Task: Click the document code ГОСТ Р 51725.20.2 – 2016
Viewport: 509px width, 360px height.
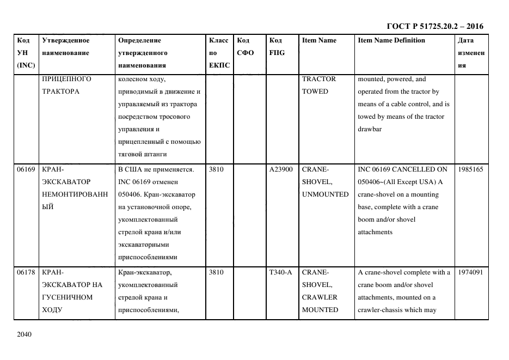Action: point(434,26)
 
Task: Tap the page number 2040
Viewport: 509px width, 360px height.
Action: point(25,334)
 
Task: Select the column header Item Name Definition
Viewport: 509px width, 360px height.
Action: point(391,40)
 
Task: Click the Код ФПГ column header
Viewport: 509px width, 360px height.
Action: point(277,47)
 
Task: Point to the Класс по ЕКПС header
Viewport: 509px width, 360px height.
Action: point(219,53)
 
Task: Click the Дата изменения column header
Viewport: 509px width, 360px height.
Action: point(471,53)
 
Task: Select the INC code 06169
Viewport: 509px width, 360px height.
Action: point(26,169)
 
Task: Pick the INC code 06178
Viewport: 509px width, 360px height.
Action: point(26,272)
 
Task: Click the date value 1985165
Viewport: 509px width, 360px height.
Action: point(470,169)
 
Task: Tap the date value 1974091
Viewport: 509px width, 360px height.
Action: point(470,272)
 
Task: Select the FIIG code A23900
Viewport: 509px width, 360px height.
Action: point(281,169)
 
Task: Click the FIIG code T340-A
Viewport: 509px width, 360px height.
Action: point(281,272)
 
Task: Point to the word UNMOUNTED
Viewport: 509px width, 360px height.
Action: point(325,194)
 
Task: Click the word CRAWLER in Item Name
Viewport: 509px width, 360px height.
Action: point(320,297)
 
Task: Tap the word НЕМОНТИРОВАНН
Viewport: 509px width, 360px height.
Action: point(75,194)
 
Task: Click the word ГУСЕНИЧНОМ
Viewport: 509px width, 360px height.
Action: point(68,297)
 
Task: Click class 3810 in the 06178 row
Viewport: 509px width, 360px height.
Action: point(217,272)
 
